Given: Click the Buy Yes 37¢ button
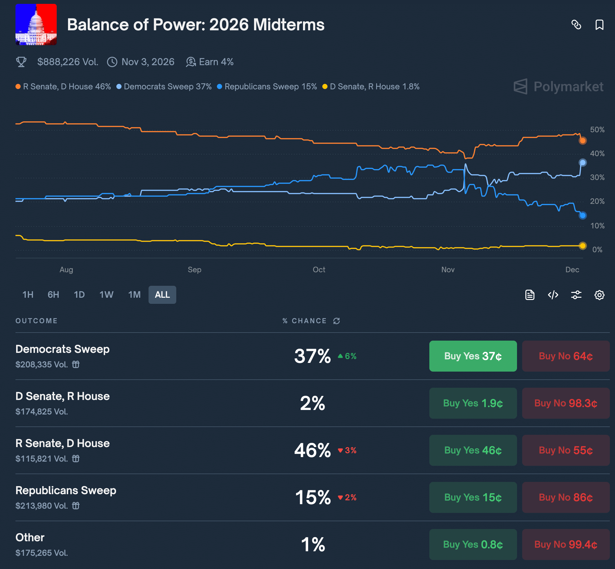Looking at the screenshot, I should pos(473,356).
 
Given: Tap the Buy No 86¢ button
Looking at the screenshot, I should pos(566,497).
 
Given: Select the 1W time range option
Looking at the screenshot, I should pos(106,295).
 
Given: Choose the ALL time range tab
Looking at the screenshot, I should pos(162,295).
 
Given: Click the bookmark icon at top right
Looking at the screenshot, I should pos(599,25).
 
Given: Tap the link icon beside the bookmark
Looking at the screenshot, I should pos(576,25).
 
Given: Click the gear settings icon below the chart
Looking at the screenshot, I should pos(599,295).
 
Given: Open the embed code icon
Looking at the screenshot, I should pos(553,295).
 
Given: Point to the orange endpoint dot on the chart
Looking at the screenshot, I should pos(582,141).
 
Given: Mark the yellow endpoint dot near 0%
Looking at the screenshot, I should pos(582,246).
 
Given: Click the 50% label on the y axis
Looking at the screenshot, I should pos(597,130).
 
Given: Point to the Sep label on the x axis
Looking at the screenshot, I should pos(194,270).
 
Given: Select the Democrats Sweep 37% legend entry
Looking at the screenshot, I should pos(164,87).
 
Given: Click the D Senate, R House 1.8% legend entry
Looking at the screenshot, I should pos(371,87).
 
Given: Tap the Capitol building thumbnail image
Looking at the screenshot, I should pos(36,25).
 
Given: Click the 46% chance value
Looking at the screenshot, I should pos(312,450).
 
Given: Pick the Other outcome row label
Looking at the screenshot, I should pos(30,537).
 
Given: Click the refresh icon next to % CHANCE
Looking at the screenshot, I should pos(337,321).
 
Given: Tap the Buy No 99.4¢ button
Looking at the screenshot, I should pos(566,544).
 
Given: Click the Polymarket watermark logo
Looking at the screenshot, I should pos(559,86).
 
